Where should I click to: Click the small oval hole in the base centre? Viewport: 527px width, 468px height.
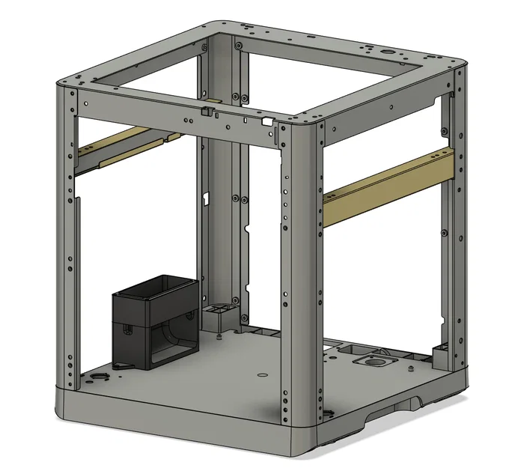(261, 374)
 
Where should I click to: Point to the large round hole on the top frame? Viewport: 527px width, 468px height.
(388, 52)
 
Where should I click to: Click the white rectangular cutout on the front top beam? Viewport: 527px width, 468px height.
(265, 120)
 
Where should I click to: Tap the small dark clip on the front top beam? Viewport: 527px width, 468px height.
(205, 112)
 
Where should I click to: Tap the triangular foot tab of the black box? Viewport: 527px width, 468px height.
(124, 365)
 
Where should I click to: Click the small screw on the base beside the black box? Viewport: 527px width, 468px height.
(218, 335)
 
